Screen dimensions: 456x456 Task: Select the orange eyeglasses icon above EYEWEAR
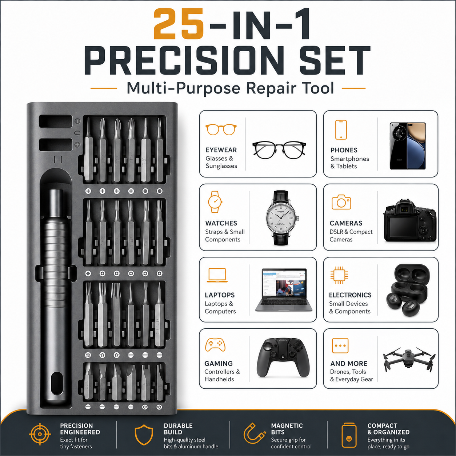coord(221,129)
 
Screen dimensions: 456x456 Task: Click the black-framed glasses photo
coord(279,150)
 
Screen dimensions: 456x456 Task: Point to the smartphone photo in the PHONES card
coord(408,145)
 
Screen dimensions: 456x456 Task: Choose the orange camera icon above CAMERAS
coord(341,202)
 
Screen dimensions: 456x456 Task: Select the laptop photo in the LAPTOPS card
coord(284,290)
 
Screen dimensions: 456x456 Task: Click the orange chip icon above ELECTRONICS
coord(339,275)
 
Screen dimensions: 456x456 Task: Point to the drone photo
coord(409,359)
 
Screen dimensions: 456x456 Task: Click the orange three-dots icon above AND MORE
coord(340,345)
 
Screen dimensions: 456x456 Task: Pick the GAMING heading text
coord(219,364)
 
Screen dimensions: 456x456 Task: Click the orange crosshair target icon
coord(40,434)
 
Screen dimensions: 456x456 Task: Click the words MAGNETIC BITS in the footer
coord(287,429)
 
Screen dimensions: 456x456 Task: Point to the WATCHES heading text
coord(221,223)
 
